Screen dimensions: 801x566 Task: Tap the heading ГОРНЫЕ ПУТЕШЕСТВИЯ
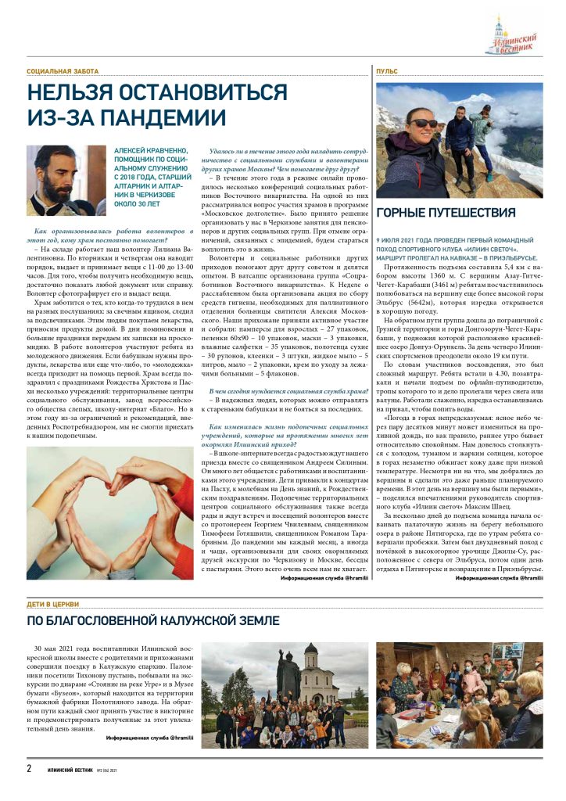(446, 213)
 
